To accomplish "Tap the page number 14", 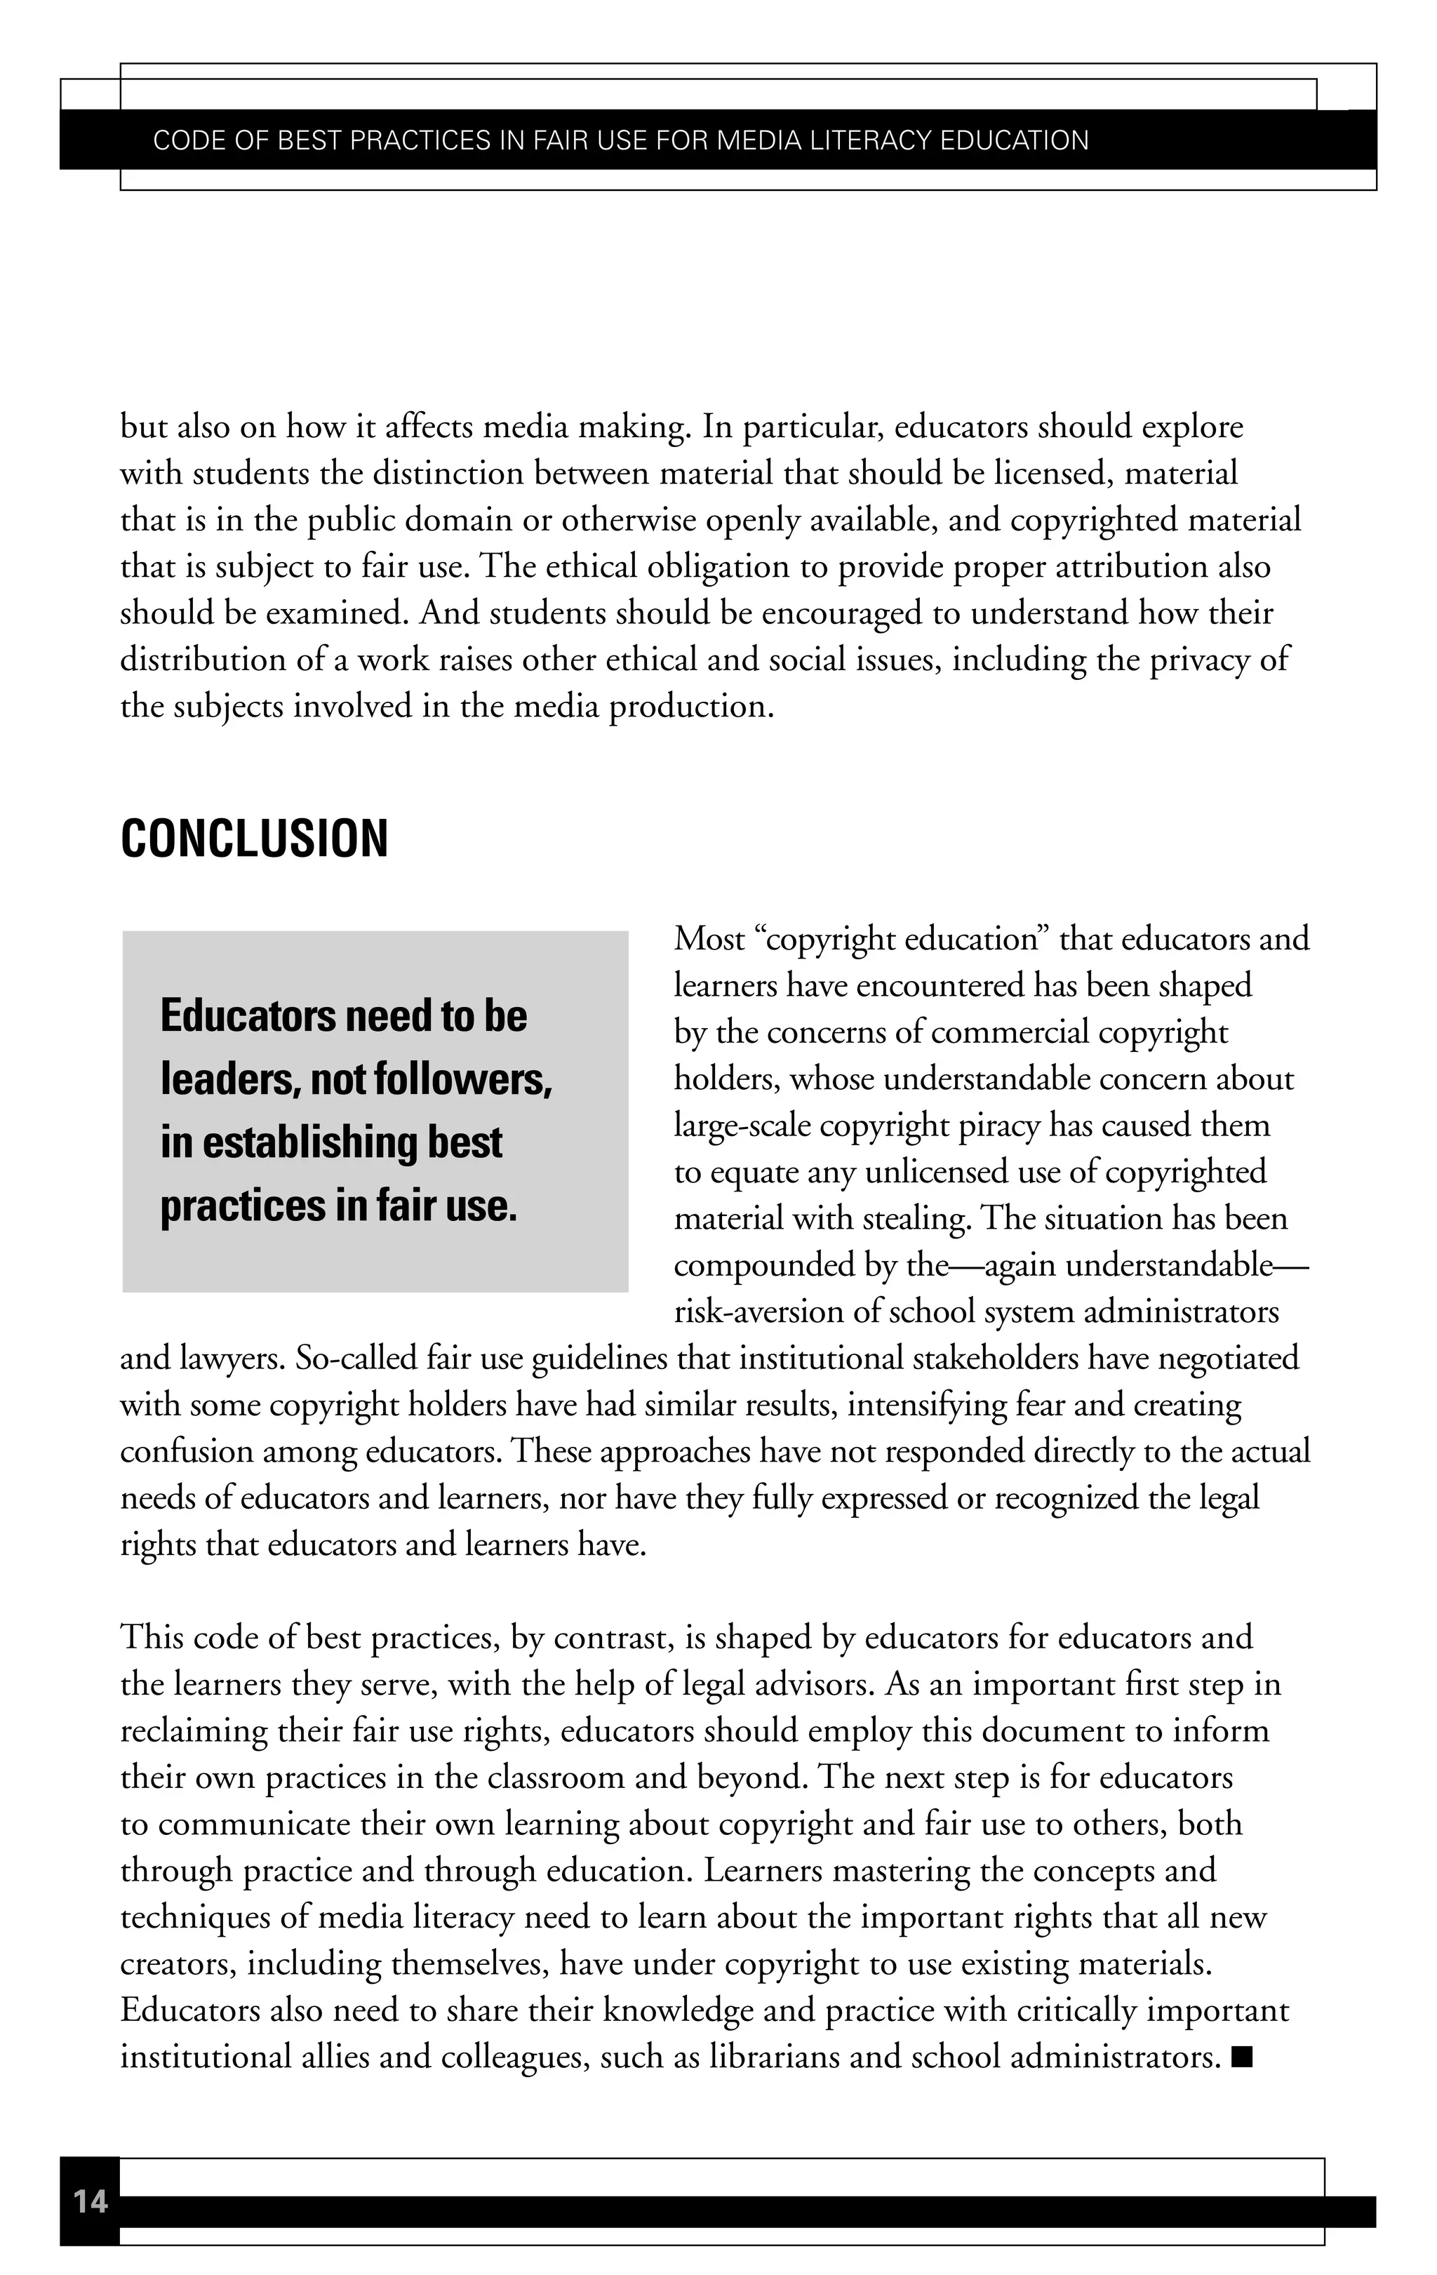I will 91,2201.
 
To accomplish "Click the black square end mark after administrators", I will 1243,2056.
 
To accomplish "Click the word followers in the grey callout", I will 460,1079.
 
